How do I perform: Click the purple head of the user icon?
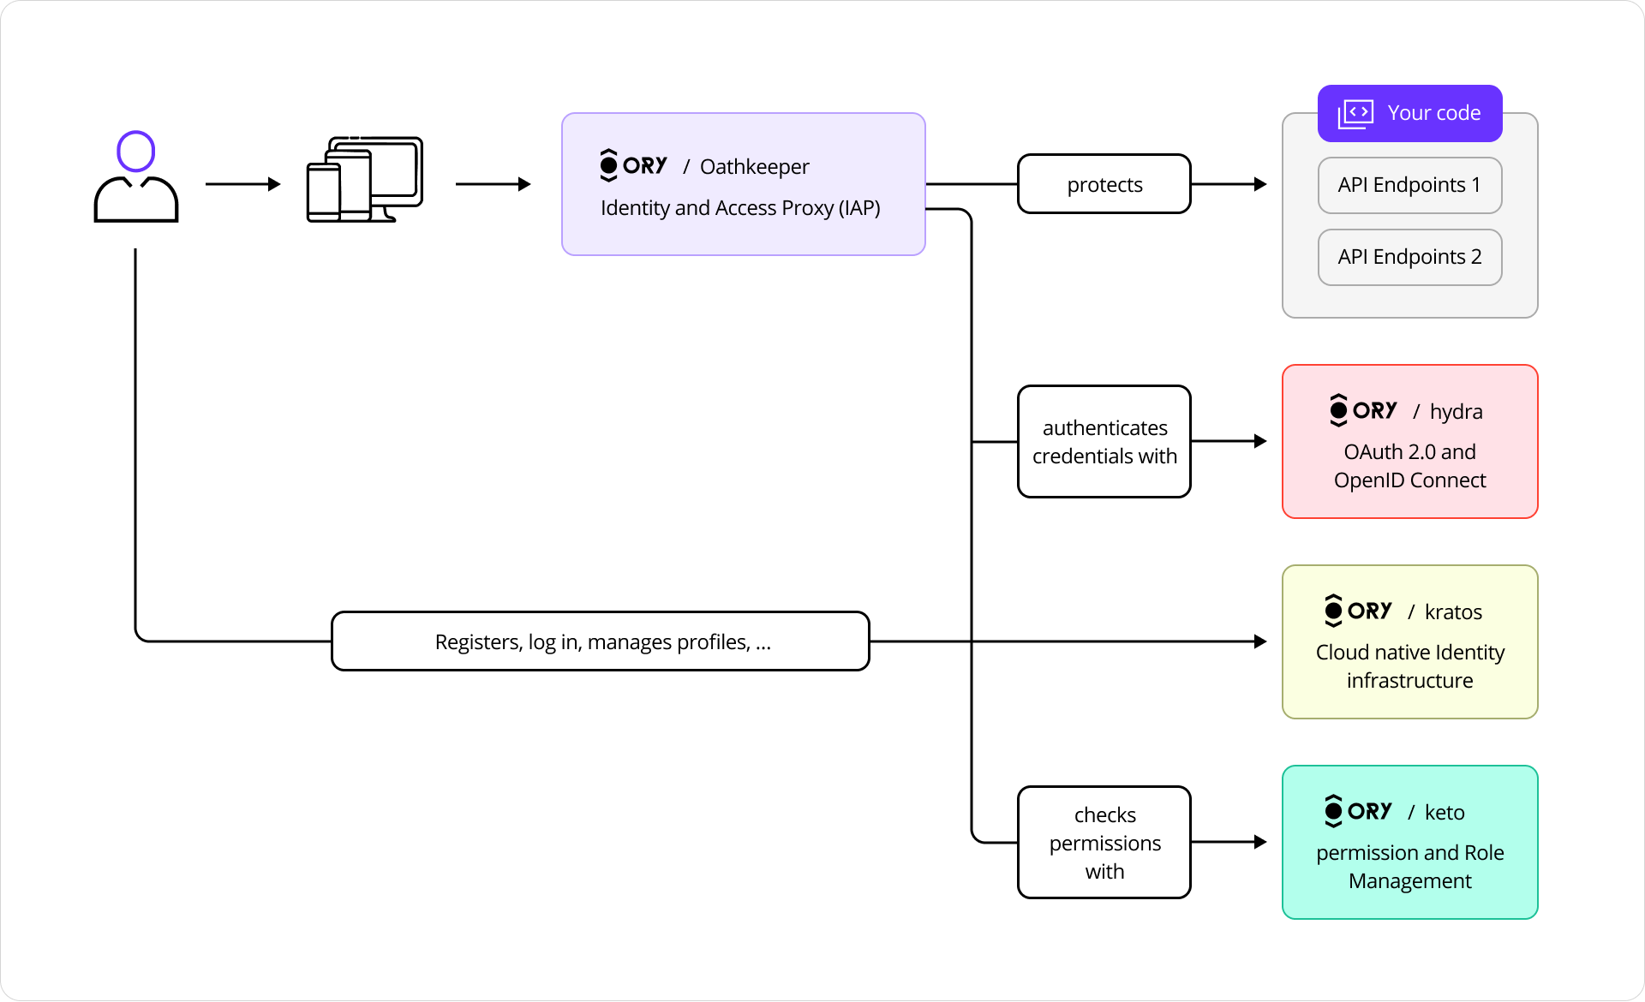135,152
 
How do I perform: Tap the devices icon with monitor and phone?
365,180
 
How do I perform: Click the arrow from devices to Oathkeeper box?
493,184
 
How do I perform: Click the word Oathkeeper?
754,167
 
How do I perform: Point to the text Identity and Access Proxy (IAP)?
740,208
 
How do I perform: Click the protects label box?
1104,184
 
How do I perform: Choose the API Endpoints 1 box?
1409,185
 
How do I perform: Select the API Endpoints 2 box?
1409,257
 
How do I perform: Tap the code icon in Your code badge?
1355,113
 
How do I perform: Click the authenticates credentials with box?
1104,442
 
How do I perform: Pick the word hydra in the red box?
1456,412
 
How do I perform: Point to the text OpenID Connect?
1409,480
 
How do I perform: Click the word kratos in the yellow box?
1453,612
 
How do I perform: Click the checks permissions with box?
1104,843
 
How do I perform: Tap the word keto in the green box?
1445,813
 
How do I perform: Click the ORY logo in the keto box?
1358,811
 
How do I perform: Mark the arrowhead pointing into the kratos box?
1260,641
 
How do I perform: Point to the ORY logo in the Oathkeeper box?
633,165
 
